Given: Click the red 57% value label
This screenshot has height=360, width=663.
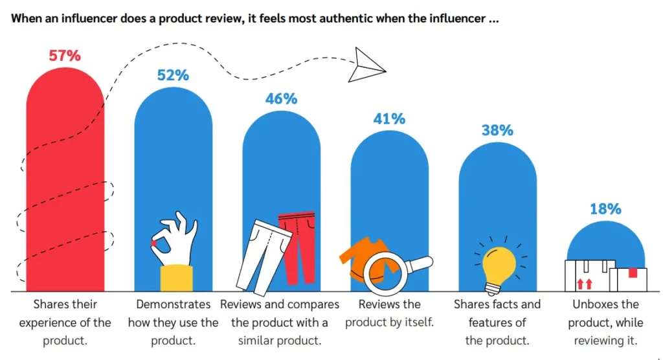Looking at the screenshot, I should (65, 56).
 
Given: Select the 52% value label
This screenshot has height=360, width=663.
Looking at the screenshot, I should (173, 75).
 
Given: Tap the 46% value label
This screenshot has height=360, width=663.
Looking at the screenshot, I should (281, 99).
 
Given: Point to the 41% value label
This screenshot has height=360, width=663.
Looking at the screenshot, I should (389, 119).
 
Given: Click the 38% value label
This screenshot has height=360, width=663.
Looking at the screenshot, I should (497, 130).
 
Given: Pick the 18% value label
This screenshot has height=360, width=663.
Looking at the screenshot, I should (605, 209).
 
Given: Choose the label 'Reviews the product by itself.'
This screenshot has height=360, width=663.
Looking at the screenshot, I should (389, 313).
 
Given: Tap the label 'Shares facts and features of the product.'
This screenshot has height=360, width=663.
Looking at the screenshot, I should (497, 322).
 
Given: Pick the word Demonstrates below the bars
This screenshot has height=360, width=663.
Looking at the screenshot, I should (174, 304).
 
